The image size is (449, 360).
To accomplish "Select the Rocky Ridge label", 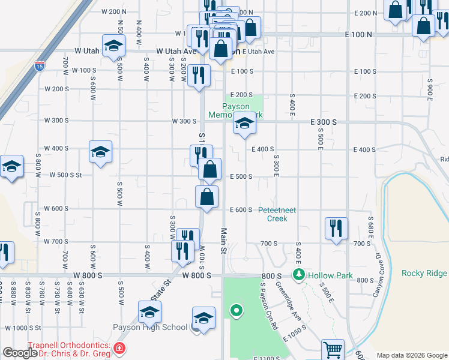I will [424, 273].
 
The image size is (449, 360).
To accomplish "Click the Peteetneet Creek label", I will [281, 214].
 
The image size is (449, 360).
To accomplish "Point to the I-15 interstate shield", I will [40, 64].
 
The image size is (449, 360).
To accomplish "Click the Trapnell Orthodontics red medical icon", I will [119, 348].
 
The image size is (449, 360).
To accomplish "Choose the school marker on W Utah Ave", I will [113, 47].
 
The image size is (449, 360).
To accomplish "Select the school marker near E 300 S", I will [244, 124].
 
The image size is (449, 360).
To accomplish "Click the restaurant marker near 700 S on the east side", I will [336, 229].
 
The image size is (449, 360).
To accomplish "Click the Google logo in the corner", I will [20, 353].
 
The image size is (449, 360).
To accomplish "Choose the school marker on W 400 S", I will [100, 152].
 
